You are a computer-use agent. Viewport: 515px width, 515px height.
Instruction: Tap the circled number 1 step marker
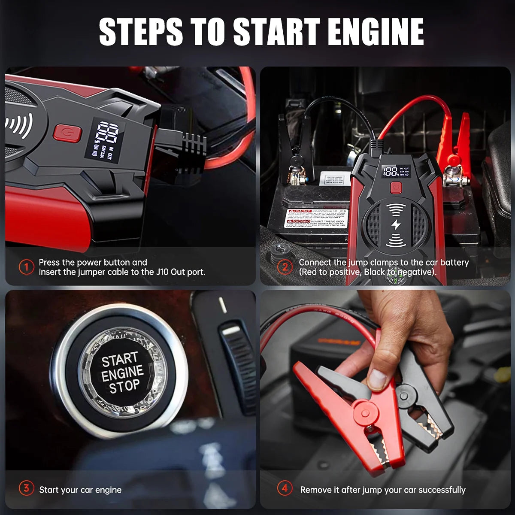click(27, 267)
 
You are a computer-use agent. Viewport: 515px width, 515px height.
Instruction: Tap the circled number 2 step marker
click(285, 267)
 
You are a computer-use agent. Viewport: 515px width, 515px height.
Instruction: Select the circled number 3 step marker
click(27, 488)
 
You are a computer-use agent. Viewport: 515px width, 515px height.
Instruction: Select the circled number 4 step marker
click(285, 488)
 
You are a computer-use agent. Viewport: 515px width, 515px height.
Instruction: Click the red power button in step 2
click(395, 188)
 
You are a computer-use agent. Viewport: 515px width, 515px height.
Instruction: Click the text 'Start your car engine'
click(80, 490)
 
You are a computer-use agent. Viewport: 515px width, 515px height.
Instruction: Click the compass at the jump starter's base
click(393, 279)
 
